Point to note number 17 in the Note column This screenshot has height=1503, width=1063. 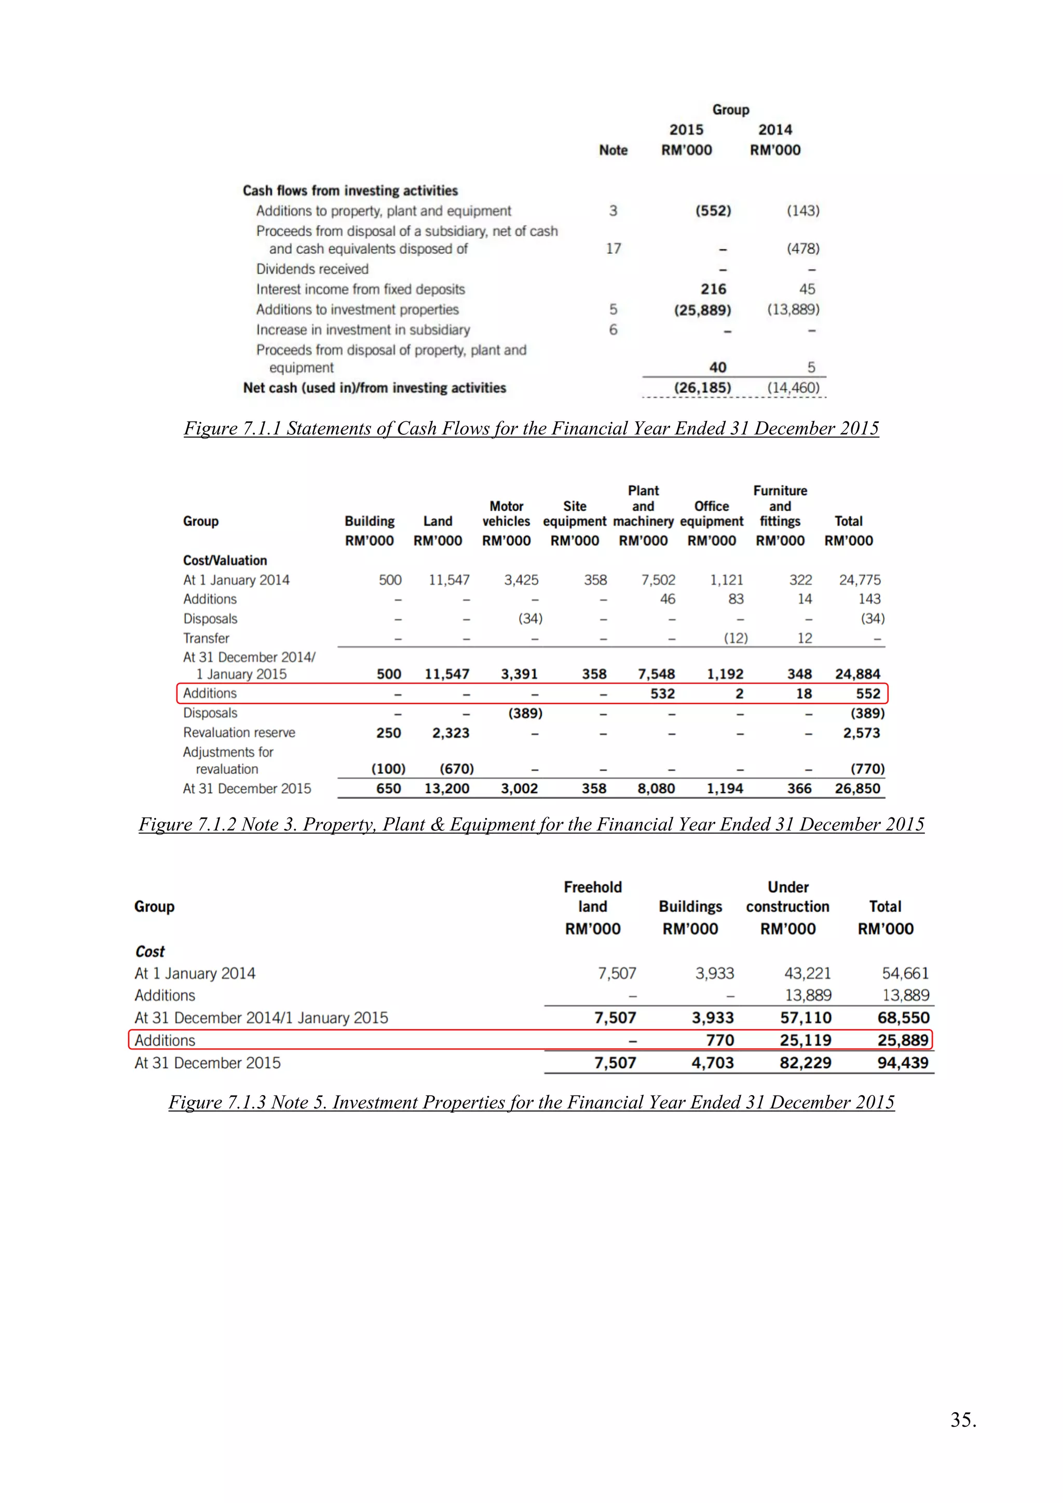[614, 249]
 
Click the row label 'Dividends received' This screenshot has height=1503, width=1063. [312, 269]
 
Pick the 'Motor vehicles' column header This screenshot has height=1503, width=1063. [506, 514]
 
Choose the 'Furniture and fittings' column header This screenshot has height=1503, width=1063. [780, 506]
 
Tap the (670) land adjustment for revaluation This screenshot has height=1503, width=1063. [456, 769]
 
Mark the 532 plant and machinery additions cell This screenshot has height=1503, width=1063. [662, 693]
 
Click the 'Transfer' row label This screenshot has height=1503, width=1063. [206, 638]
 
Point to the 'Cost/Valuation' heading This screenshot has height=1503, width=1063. [225, 561]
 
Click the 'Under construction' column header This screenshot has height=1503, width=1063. [787, 897]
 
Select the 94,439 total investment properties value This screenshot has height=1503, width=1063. [903, 1062]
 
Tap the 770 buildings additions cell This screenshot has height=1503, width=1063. [719, 1040]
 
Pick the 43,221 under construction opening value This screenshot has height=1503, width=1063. [807, 974]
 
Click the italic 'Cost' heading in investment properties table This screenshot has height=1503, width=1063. [150, 951]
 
